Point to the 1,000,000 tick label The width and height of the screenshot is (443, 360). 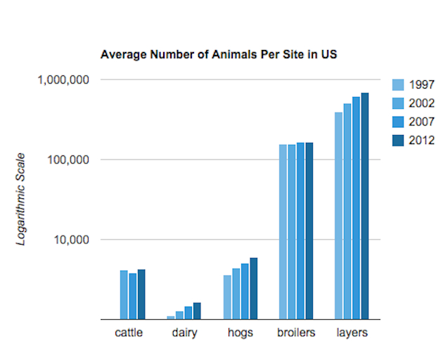pos(62,79)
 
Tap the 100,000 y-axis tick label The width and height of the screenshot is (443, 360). pos(66,160)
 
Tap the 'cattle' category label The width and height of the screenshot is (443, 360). pos(129,333)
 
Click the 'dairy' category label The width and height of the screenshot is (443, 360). pos(184,333)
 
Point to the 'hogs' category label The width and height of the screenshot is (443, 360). pos(240,333)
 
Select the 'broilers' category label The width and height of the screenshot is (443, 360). pos(296,333)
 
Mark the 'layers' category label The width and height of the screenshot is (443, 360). pos(352,333)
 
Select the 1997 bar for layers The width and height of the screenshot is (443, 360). pos(338,215)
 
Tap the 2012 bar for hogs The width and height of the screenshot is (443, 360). pos(254,288)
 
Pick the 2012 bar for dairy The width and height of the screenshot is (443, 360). pos(198,311)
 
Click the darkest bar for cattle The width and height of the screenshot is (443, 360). pos(141,294)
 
